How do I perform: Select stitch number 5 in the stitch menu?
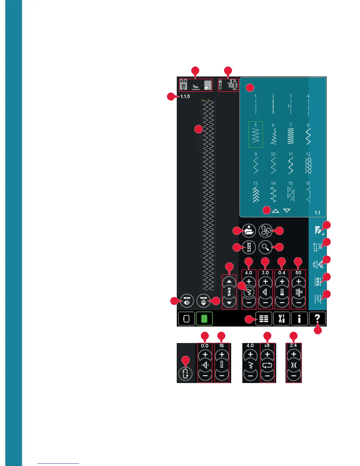256,134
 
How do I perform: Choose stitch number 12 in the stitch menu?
308,164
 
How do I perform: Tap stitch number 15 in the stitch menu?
291,193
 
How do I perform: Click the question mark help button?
317,319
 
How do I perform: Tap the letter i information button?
299,319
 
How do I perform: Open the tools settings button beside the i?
281,319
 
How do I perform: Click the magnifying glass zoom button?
265,247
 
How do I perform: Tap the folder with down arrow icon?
249,231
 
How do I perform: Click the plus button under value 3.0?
265,282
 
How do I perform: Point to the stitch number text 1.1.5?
185,96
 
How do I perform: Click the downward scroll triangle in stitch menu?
287,211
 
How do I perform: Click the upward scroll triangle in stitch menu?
275,211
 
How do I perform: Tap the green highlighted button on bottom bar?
204,319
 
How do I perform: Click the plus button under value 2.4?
294,355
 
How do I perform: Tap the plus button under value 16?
222,355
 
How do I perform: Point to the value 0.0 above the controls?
205,346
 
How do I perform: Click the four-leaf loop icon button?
265,231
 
